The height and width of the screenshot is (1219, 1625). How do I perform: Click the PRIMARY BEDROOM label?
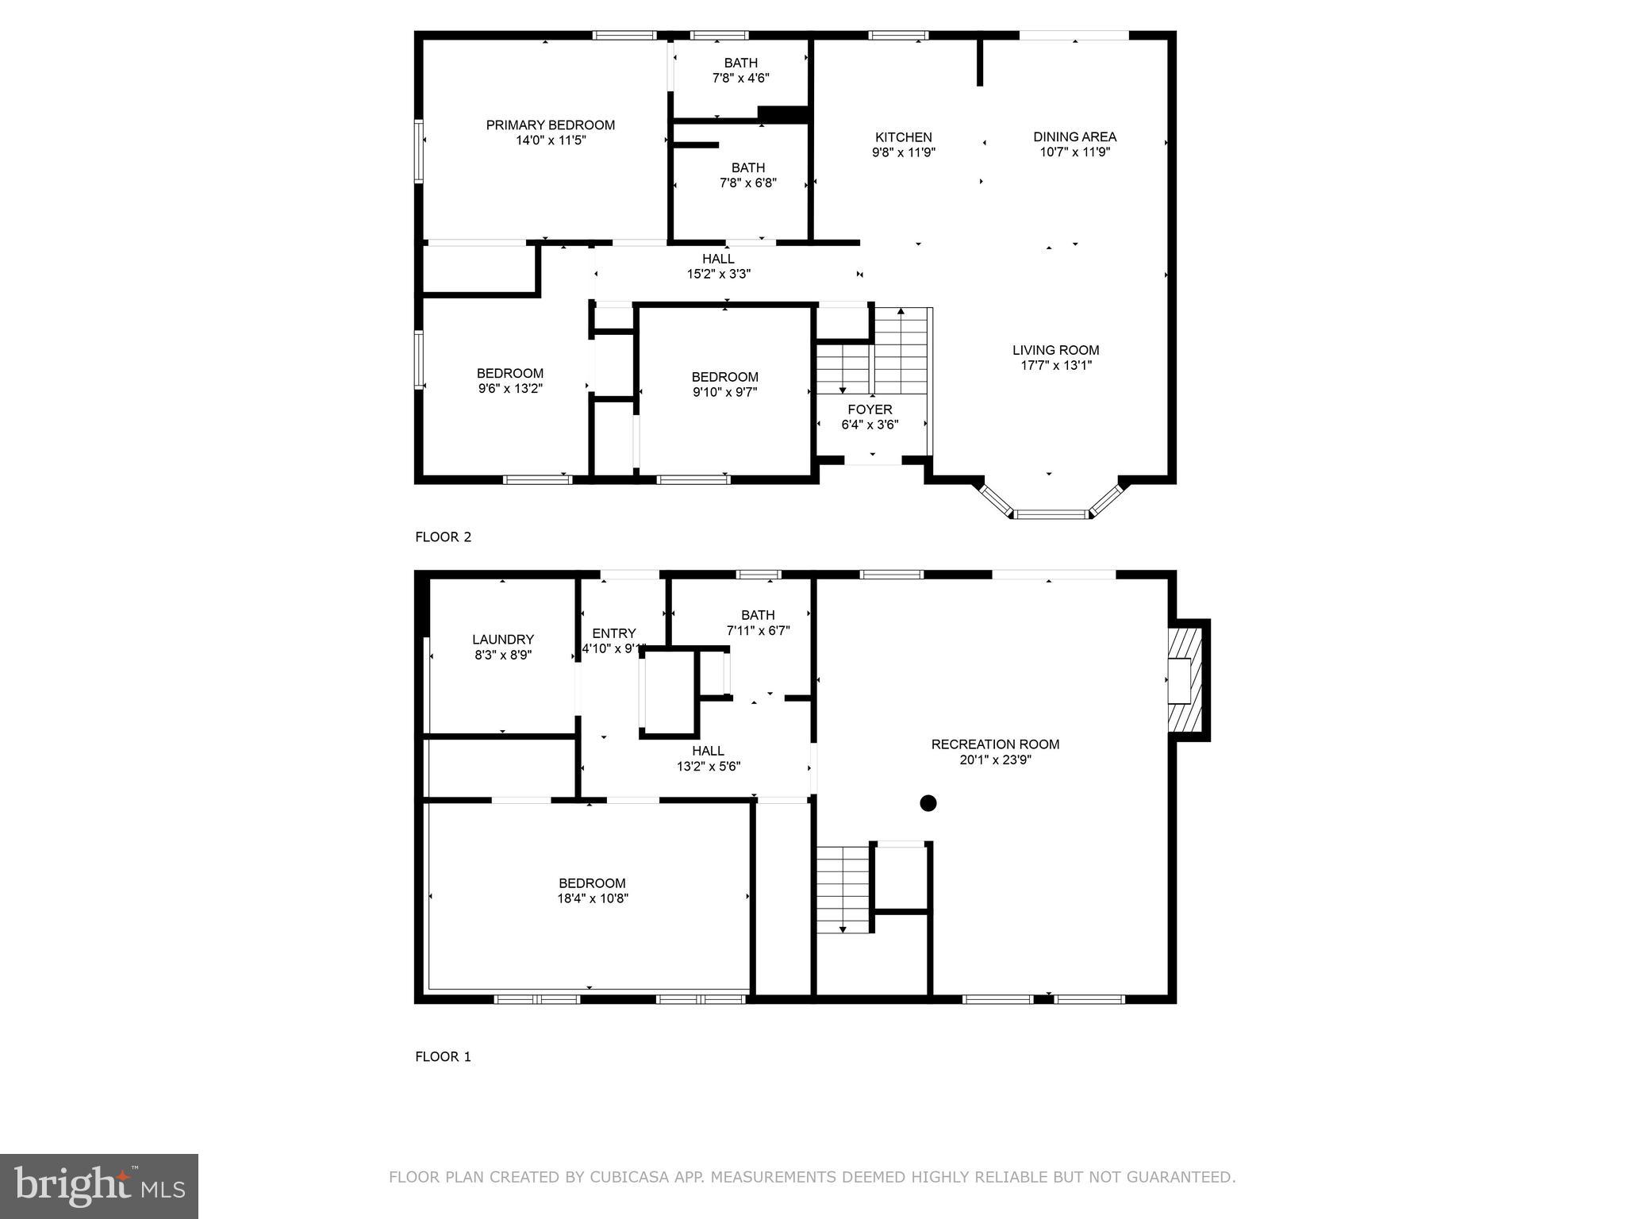(x=550, y=125)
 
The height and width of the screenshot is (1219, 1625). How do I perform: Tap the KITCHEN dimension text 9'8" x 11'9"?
(x=903, y=152)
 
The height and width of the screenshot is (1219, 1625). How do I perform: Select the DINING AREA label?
(x=1074, y=137)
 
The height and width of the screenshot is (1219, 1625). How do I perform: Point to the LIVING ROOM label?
(x=1055, y=350)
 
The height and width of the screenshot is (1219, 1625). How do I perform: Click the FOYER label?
(x=870, y=410)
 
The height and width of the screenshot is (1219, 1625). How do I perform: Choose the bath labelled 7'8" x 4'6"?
(x=740, y=71)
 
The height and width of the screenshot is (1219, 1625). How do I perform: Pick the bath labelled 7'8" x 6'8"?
(x=747, y=175)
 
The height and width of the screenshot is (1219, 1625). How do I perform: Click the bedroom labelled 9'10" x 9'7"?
(x=724, y=384)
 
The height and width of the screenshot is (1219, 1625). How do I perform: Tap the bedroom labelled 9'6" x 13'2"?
(x=509, y=381)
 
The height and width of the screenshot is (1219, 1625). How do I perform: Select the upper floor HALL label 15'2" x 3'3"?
(x=718, y=266)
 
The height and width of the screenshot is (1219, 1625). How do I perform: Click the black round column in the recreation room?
(x=928, y=803)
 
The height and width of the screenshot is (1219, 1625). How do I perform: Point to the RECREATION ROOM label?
(x=995, y=744)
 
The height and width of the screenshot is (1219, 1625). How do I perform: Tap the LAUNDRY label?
(x=502, y=640)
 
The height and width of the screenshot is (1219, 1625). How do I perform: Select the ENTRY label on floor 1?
(x=613, y=633)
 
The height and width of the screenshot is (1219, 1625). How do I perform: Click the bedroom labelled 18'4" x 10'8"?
(x=592, y=890)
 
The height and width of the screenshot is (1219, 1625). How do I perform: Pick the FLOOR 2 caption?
(x=443, y=537)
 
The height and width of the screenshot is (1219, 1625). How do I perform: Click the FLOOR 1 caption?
(x=443, y=1057)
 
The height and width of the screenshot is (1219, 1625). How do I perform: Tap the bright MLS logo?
(x=99, y=1186)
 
